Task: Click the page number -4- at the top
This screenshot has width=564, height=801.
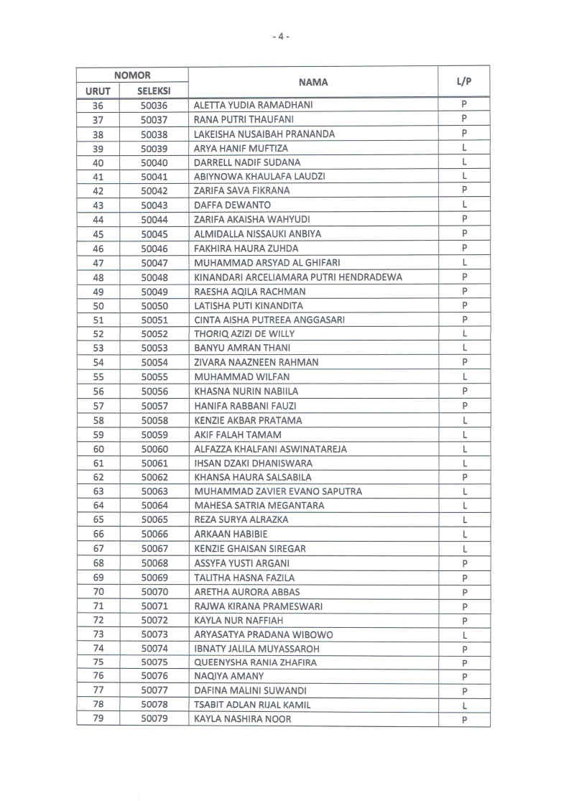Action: pos(282,36)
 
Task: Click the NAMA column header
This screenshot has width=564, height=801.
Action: pos(313,83)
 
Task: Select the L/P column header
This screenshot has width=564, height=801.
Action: pos(464,82)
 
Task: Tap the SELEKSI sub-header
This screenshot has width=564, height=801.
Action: pos(154,91)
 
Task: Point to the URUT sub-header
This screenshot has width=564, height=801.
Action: pos(98,91)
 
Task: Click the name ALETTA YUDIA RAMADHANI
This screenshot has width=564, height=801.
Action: pos(254,105)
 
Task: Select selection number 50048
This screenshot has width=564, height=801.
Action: pos(154,277)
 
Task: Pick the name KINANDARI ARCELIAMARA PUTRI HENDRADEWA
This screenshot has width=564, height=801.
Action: pos(298,277)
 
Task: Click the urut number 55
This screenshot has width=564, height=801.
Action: pos(98,377)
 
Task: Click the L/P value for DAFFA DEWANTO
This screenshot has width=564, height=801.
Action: pos(465,205)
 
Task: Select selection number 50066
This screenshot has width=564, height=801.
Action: pos(154,534)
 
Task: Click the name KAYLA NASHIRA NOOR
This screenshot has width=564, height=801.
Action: pos(243,719)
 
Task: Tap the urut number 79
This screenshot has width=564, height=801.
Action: pos(98,719)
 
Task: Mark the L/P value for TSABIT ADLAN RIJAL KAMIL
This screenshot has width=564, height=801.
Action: pos(465,705)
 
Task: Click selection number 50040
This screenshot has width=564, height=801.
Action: pos(154,162)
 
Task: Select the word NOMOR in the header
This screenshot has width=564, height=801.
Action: pos(133,75)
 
